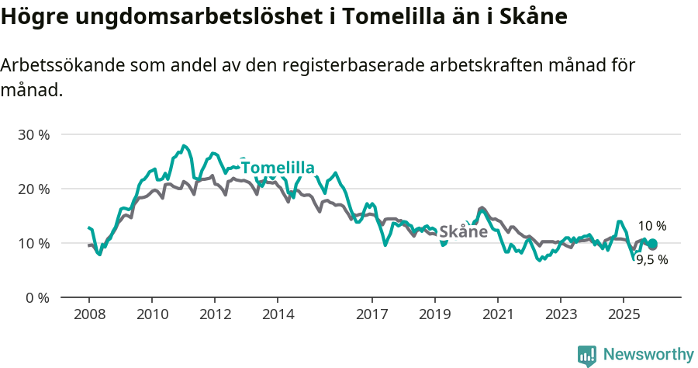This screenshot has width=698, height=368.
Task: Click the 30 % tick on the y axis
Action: (x=33, y=134)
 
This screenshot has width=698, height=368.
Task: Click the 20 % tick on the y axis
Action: (x=33, y=189)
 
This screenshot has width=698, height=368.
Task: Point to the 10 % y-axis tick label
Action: (x=33, y=243)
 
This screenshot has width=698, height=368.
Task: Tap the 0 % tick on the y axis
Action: (x=36, y=297)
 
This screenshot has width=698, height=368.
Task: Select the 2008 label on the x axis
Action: (x=88, y=314)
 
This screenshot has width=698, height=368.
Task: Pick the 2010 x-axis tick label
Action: (x=151, y=314)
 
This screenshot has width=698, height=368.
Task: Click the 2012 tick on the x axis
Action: (x=215, y=314)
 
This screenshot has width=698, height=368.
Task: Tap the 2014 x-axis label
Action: (x=278, y=314)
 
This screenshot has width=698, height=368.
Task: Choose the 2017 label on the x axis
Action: (x=372, y=314)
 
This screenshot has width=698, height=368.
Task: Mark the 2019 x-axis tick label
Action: (x=435, y=314)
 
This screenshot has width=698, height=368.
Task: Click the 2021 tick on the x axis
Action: (x=498, y=314)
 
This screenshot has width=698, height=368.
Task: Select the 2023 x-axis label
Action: (x=561, y=314)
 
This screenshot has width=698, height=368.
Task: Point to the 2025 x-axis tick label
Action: (x=624, y=314)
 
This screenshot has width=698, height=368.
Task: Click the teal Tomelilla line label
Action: (x=278, y=168)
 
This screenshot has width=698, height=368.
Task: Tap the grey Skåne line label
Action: (x=463, y=231)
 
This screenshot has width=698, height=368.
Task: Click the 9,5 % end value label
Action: (x=651, y=260)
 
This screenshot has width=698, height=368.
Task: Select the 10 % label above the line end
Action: (x=651, y=226)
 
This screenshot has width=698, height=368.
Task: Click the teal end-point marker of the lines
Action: (x=652, y=245)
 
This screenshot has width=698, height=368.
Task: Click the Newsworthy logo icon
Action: (x=587, y=356)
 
